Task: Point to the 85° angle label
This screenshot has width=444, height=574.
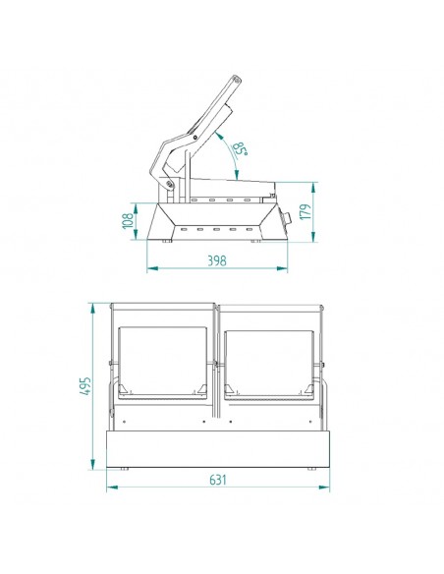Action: point(239,150)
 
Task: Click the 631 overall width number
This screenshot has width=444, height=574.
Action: point(218,481)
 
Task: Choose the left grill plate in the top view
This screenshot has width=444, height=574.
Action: point(163,360)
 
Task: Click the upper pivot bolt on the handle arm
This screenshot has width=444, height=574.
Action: point(194,136)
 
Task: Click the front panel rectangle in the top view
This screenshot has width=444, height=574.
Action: point(218,446)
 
